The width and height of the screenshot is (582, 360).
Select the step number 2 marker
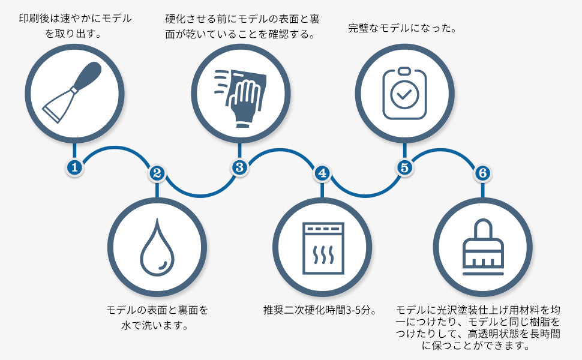click(157, 173)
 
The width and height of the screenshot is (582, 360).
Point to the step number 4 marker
click(322, 173)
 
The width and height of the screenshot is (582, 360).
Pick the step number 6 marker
click(482, 173)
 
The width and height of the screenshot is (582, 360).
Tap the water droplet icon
click(157, 247)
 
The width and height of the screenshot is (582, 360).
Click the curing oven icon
click(323, 248)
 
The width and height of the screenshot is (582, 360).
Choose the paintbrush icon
click(483, 248)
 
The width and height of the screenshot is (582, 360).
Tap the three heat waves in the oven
click(324, 256)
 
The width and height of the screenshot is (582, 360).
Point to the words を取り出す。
click(73, 34)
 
